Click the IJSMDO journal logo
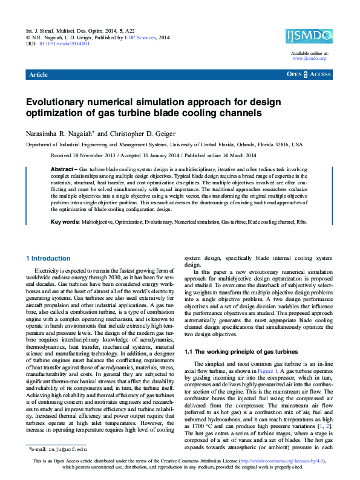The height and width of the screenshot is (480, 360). tap(309, 36)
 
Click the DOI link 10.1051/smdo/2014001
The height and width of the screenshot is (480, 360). tap(65, 44)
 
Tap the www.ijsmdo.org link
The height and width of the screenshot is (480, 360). tap(310, 59)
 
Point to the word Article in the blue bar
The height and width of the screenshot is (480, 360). tap(39, 74)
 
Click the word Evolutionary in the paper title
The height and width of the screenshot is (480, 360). tap(56, 103)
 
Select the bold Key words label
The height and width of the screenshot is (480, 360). tap(65, 222)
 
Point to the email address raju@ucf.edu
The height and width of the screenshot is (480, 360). tap(68, 450)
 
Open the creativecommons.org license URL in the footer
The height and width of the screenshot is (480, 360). tap(291, 461)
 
